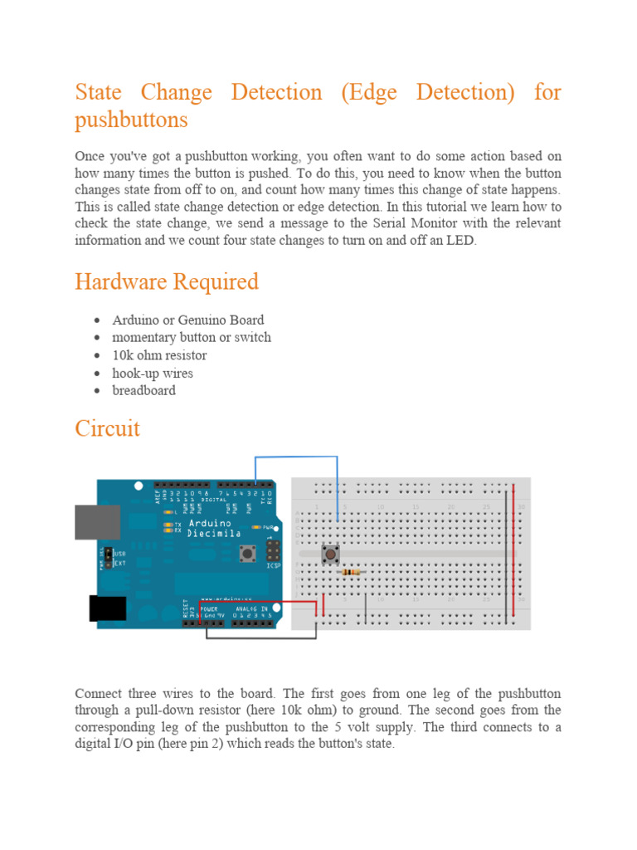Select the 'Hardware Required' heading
tap(167, 282)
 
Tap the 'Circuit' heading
tap(107, 429)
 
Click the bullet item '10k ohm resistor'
tap(159, 355)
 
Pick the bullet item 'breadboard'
tap(143, 390)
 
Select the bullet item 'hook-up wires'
tap(153, 373)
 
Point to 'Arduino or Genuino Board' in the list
tap(188, 320)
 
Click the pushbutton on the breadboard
tap(330, 554)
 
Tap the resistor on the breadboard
tap(351, 572)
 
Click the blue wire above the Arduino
tap(295, 457)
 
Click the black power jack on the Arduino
tap(107, 610)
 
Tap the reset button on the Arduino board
tap(246, 552)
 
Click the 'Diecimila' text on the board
tap(214, 534)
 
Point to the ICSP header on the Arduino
tap(271, 550)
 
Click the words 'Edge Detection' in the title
tap(425, 92)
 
